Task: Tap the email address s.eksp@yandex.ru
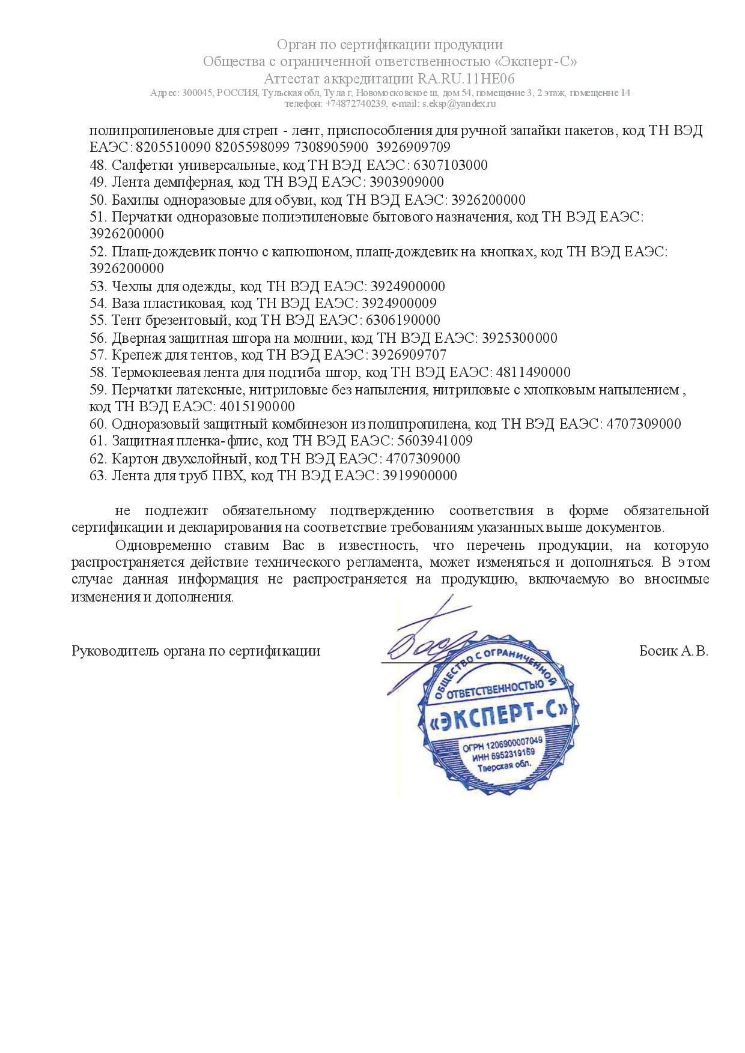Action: point(458,103)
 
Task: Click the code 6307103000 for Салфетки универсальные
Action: point(451,165)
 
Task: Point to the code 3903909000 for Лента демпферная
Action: point(407,182)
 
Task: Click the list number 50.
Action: point(98,200)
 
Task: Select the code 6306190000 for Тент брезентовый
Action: point(403,320)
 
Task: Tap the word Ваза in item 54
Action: point(125,303)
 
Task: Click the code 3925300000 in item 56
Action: point(519,338)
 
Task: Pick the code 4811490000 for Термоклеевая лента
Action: point(533,372)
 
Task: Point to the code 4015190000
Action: point(257,406)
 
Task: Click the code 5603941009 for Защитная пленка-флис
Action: point(435,441)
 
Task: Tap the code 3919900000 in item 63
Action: point(419,475)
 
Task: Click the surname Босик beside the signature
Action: point(658,651)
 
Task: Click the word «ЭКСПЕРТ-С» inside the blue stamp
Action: point(500,716)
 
